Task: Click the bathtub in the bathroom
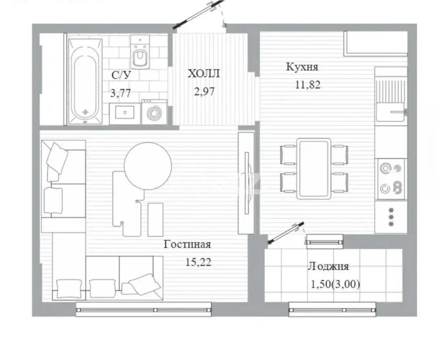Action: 85,82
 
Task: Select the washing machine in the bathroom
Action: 155,112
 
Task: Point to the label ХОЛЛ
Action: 204,73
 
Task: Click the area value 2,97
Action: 204,91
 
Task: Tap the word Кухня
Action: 302,67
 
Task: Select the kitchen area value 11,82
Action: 308,84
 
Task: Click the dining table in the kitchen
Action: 314,169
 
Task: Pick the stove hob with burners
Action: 391,179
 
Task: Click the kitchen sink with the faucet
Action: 390,112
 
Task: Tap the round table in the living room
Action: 148,166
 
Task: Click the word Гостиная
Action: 187,244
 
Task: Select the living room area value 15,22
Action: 198,262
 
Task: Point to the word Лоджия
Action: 328,266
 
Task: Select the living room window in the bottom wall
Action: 144,310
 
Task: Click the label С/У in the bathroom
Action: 121,75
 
